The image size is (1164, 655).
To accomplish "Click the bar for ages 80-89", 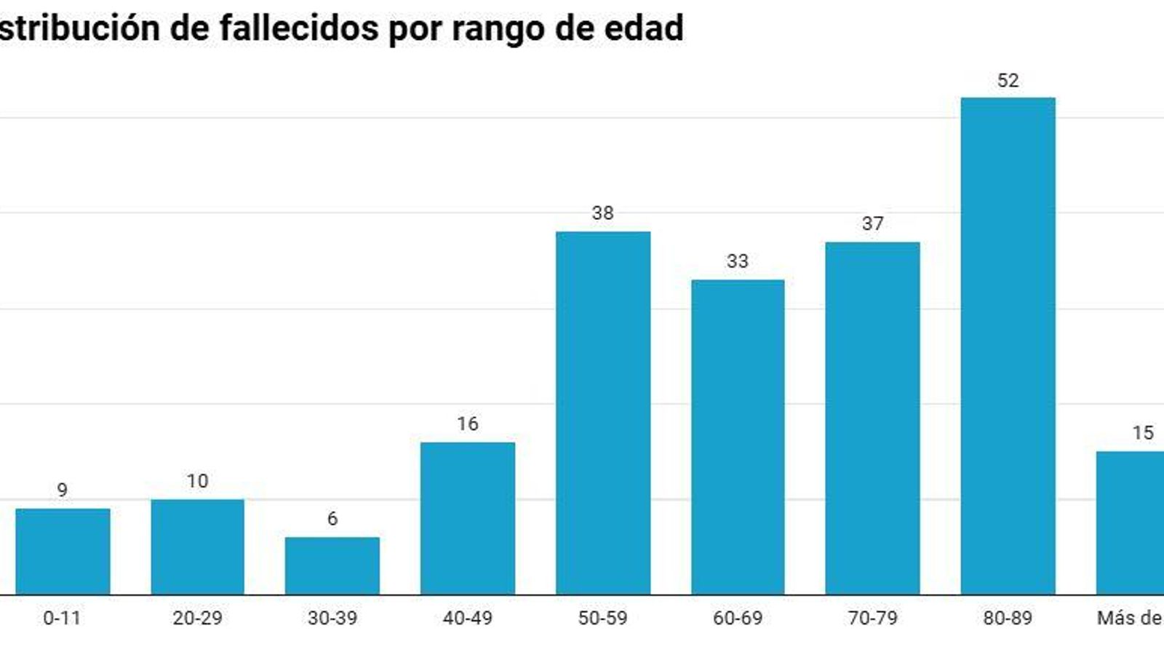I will tap(1008, 346).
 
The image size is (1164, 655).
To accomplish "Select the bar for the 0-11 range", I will tap(63, 551).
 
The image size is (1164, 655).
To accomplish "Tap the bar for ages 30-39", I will tap(332, 565).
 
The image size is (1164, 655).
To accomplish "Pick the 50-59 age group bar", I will tap(602, 413).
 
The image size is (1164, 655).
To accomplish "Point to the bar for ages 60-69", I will tap(737, 437).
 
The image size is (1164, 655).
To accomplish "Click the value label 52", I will tap(1008, 81).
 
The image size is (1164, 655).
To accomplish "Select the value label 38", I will tap(602, 213).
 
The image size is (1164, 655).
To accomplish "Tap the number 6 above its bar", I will tap(332, 519).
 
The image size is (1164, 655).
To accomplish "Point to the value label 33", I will tap(737, 261).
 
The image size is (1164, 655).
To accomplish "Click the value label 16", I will tap(467, 424).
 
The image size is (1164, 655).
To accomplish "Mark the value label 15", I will tap(1142, 433).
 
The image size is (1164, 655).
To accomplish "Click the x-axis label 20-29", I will tap(197, 618).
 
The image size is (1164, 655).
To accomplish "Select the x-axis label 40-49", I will tap(467, 618).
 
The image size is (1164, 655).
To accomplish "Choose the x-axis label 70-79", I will tap(872, 618).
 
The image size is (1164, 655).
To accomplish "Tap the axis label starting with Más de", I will tap(1129, 618).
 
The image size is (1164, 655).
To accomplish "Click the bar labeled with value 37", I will tap(872, 418).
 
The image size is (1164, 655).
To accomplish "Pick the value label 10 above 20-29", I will tap(197, 481).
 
